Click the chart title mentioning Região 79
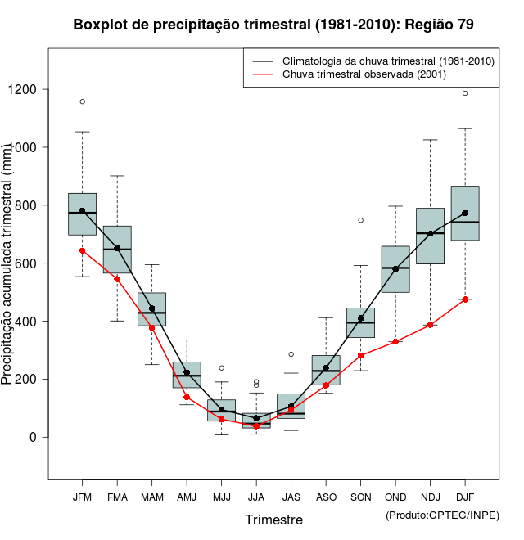click(273, 25)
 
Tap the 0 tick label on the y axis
click(34, 437)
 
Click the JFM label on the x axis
click(82, 497)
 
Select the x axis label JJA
click(256, 497)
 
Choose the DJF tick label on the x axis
click(465, 497)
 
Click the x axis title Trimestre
click(273, 520)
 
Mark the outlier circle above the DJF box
click(465, 93)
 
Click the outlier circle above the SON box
click(360, 220)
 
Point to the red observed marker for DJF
click(465, 299)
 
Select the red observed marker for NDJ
click(430, 325)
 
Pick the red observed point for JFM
click(82, 250)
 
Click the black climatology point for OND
click(395, 268)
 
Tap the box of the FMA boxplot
click(117, 250)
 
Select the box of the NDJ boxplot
click(430, 236)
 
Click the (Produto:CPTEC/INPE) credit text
click(442, 514)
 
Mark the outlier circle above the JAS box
click(291, 354)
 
